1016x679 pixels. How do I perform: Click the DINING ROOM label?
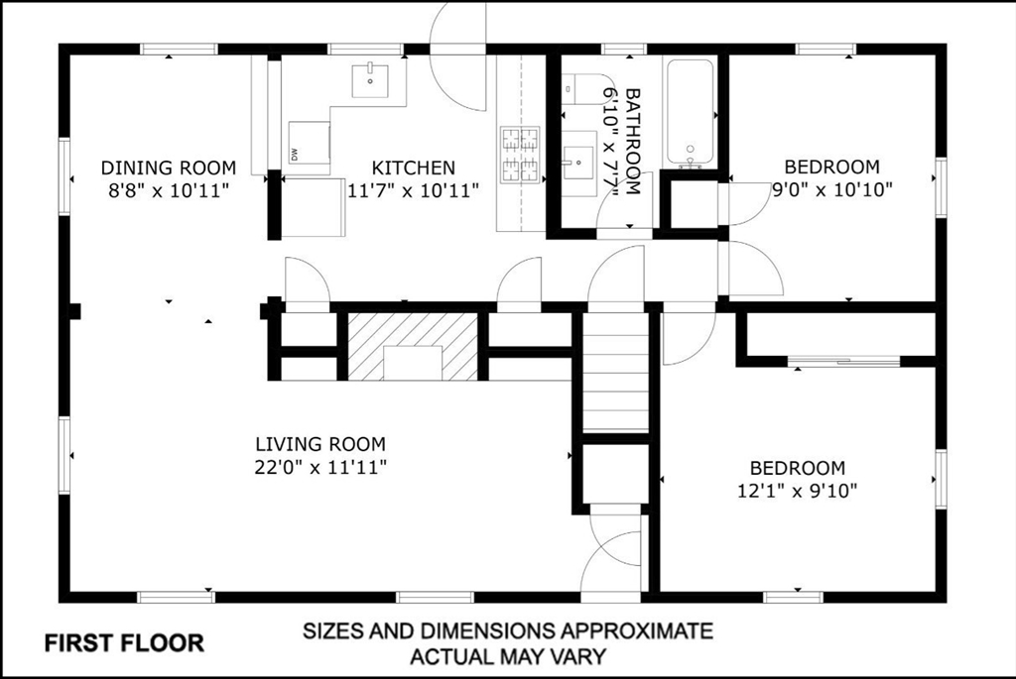tap(169, 168)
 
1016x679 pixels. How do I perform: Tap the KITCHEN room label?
tap(414, 168)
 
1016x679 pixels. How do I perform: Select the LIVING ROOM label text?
tap(320, 444)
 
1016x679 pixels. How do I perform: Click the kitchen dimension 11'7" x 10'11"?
tap(414, 190)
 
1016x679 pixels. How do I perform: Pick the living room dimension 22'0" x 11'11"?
tap(320, 467)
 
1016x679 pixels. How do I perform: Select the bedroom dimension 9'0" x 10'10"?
tap(832, 189)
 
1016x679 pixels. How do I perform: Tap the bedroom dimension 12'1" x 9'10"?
tap(797, 491)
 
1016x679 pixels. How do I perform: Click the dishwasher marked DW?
tap(310, 142)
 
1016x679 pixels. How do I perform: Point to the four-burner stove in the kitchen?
tap(520, 154)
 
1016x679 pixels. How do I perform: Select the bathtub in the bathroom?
tap(691, 113)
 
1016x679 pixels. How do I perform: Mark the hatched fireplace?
tap(413, 346)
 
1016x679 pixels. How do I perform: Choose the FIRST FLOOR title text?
tap(124, 643)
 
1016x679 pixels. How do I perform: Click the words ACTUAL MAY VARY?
tap(509, 656)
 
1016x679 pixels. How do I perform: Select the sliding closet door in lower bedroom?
tap(843, 361)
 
